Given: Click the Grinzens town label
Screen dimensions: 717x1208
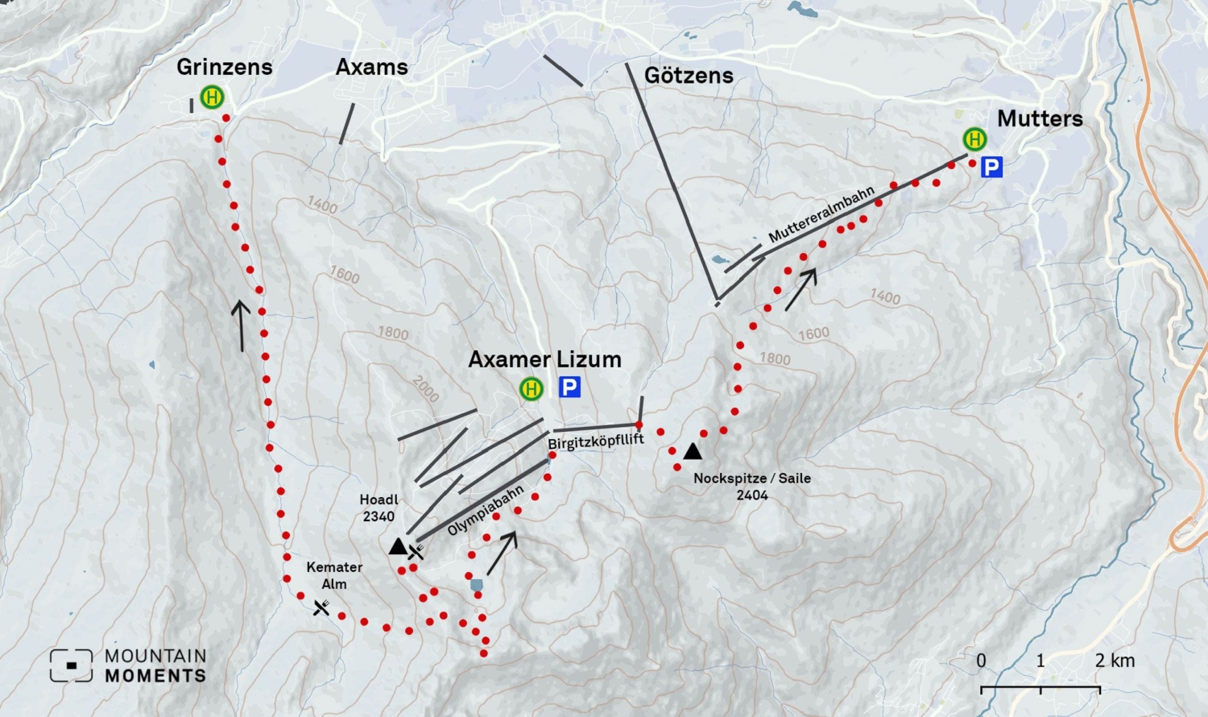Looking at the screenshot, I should pos(225,67).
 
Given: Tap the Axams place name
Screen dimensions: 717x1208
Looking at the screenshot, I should pos(371,67).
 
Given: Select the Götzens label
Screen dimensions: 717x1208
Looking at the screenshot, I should pos(689,76).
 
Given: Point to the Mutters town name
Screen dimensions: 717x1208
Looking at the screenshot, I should pos(1040,118).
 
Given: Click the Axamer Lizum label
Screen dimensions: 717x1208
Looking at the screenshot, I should pos(544,359).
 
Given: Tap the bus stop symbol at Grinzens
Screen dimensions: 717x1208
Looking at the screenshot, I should pos(212,97).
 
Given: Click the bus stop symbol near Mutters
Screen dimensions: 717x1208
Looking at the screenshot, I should pos(974,139).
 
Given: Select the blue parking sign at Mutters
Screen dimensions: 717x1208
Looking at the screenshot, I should pos(991,168).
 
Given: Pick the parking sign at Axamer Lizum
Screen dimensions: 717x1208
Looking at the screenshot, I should pos(569,388).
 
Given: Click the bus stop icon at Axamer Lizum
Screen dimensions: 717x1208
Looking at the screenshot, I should pos(531,389).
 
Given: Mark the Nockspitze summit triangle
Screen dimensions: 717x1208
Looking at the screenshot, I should pos(693,451).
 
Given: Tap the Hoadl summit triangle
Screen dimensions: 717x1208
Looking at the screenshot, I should pos(398,546).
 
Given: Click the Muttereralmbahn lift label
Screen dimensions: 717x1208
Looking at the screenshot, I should pos(821,215).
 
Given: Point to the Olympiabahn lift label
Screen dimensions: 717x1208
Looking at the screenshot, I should pos(486,511).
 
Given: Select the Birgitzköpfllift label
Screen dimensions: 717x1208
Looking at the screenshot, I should pos(596,441).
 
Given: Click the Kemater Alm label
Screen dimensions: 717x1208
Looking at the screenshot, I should pos(334,575).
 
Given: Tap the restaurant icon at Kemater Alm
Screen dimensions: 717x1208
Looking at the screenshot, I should pos(321,607).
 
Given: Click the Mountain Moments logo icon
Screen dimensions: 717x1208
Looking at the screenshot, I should pos(71,665).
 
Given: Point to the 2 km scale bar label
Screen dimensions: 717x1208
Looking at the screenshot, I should pos(1115,661).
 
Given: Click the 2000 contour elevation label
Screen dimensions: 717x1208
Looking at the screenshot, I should pos(426,388).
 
